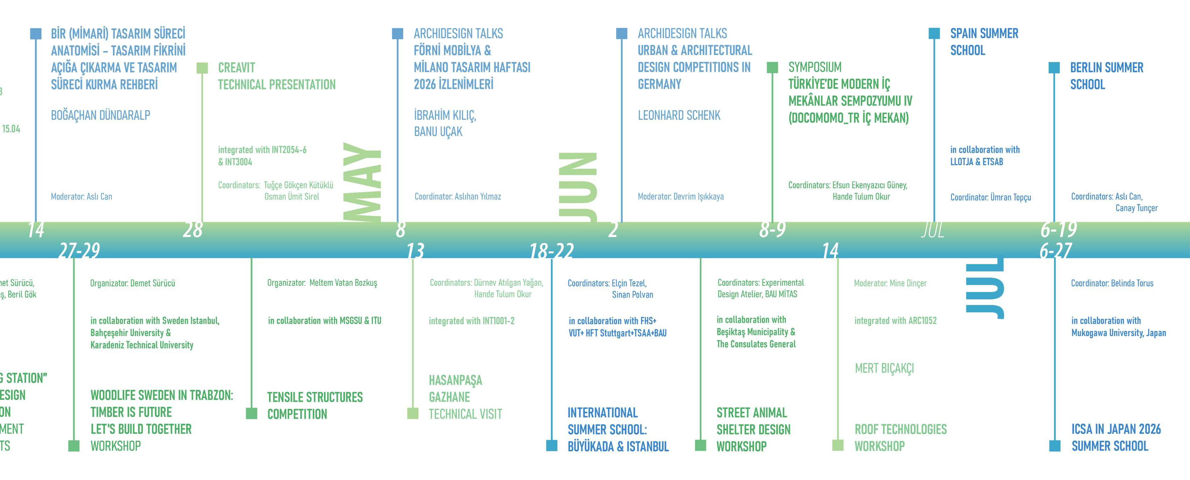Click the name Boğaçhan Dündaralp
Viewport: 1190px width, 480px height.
tap(100, 115)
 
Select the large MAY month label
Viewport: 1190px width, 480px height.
tap(362, 182)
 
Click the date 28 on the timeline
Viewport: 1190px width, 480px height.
tap(192, 230)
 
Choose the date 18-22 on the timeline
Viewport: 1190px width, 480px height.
tap(551, 251)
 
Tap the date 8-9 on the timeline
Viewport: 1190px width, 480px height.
tap(772, 229)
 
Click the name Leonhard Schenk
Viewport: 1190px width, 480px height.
tap(679, 115)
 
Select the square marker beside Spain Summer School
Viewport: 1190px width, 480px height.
tap(934, 33)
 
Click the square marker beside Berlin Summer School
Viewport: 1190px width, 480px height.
tap(1054, 68)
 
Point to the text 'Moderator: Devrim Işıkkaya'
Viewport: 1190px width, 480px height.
tap(680, 196)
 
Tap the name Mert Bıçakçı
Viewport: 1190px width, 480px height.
tap(884, 368)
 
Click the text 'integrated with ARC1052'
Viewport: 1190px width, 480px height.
tap(895, 321)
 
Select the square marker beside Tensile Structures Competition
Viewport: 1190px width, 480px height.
tap(251, 413)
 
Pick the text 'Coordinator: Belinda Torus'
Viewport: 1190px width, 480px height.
tap(1112, 283)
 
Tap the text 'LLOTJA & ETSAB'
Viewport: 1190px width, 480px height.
tap(976, 162)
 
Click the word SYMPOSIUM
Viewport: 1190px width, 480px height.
tap(814, 68)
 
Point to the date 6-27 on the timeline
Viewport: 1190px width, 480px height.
tap(1056, 251)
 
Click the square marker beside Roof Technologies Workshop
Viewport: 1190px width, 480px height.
tap(838, 445)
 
